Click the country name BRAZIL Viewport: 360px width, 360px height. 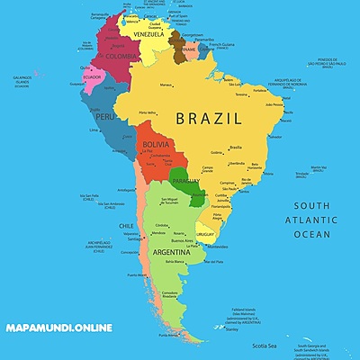[x=209, y=118]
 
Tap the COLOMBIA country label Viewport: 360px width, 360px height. [x=121, y=56]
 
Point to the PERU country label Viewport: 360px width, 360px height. [x=105, y=116]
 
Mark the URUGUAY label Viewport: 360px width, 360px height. [x=206, y=234]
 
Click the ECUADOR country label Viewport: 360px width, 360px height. [x=93, y=77]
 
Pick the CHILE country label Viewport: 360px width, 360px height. [x=127, y=226]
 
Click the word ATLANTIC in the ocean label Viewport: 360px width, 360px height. [x=305, y=220]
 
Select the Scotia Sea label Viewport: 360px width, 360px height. [x=264, y=346]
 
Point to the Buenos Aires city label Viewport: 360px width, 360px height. [x=183, y=240]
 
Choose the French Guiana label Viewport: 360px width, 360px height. [x=221, y=44]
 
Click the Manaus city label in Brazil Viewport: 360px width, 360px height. [x=166, y=85]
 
